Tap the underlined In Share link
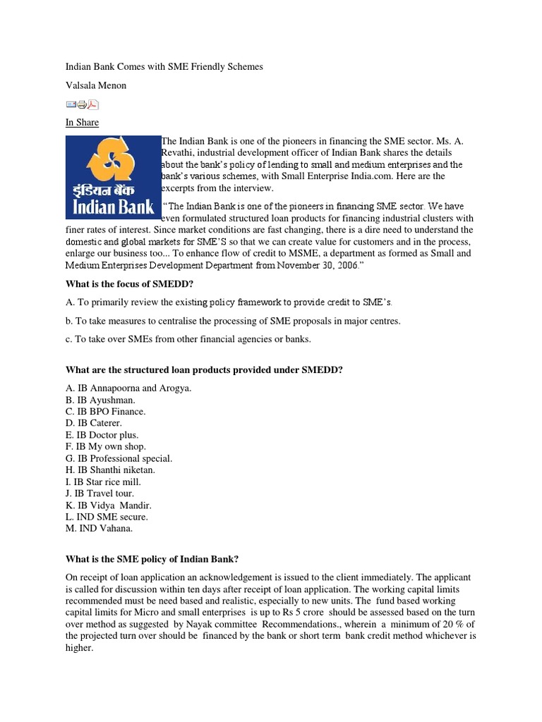coord(82,123)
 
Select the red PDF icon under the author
coord(93,105)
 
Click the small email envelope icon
coord(71,105)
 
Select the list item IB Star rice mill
coord(103,482)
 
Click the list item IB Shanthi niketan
coord(109,470)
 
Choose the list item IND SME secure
coord(107,517)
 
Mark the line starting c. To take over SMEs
coord(188,339)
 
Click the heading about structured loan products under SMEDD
coord(204,369)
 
